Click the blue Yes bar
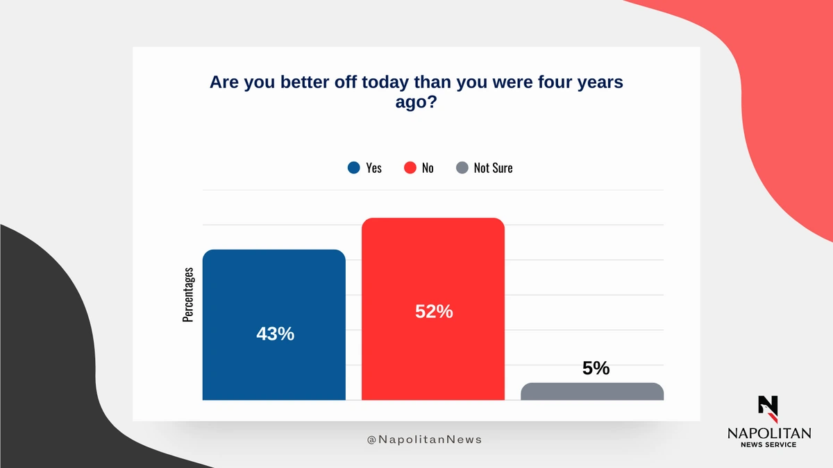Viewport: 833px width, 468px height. tap(274, 324)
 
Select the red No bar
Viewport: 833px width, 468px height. tap(433, 309)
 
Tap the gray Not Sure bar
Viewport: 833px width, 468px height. tap(592, 392)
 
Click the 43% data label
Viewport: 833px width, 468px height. tap(275, 333)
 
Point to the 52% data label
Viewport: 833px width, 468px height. tap(434, 311)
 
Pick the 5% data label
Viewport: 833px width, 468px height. tap(596, 368)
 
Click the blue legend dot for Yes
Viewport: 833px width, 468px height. tap(353, 168)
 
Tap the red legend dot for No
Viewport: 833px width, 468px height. tap(410, 168)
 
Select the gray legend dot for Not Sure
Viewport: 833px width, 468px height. tap(462, 168)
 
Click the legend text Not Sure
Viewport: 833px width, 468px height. tap(493, 168)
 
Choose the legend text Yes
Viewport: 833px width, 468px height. tap(373, 168)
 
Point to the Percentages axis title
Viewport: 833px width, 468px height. tap(188, 295)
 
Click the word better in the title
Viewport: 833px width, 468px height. tap(305, 82)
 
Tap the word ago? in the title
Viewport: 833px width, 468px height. tap(416, 102)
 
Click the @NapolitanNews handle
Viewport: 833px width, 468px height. tap(424, 440)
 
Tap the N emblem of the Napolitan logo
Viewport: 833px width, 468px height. tap(768, 409)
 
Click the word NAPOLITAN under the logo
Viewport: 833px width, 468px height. tap(769, 433)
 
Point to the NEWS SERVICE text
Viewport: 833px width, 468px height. tap(768, 444)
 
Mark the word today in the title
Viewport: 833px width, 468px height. tap(385, 82)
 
